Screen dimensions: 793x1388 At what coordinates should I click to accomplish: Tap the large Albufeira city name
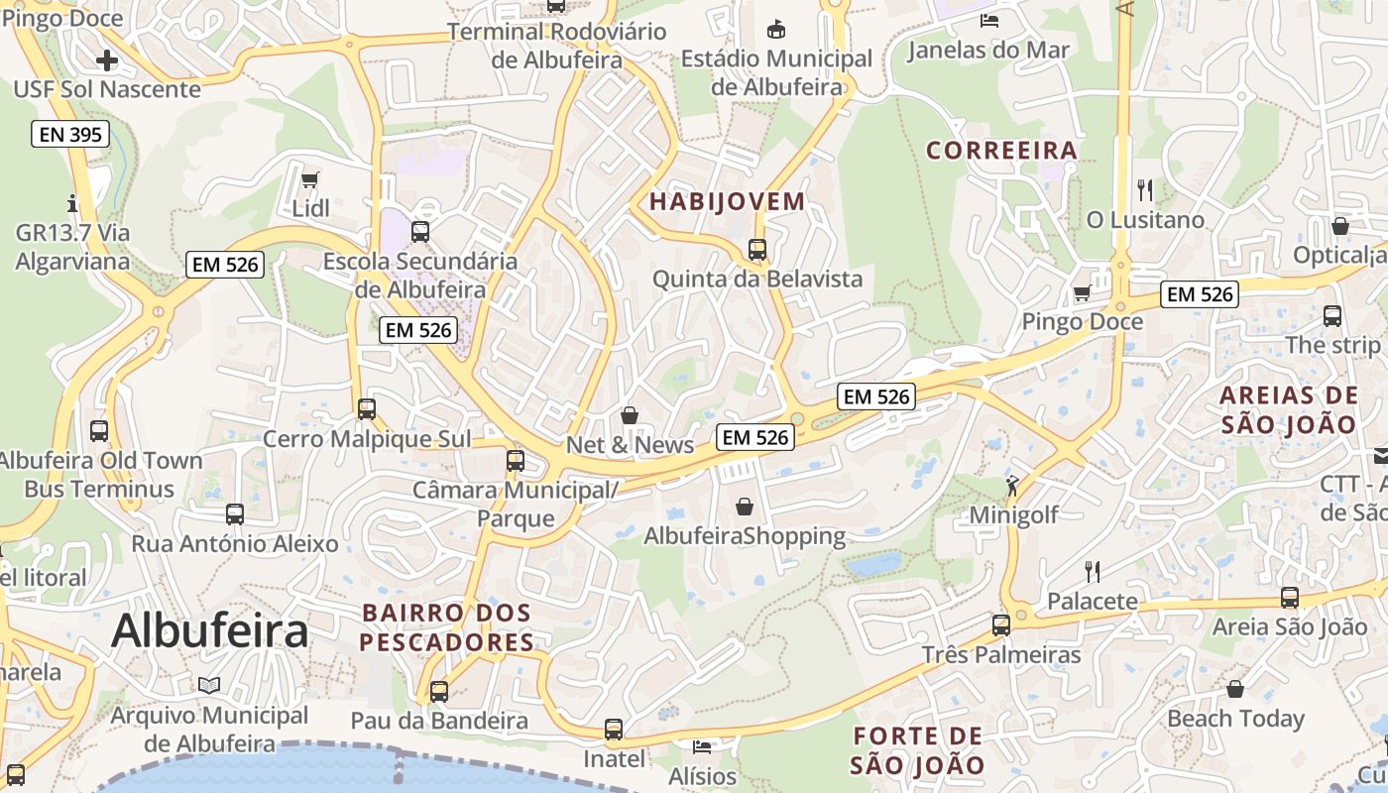point(209,631)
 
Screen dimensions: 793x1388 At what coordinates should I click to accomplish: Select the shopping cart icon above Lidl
point(310,179)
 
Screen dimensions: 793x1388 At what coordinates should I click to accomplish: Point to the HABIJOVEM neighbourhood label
point(727,202)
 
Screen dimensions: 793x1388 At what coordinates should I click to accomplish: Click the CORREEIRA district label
point(1001,151)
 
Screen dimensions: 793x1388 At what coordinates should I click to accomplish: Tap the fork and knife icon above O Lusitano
point(1145,190)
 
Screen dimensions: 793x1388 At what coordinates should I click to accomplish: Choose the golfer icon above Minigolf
point(1012,486)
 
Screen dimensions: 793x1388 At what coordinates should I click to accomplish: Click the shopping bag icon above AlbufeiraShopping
point(745,508)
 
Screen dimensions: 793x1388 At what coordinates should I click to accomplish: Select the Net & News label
point(630,445)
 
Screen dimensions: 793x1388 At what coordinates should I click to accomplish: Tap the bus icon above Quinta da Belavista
point(757,250)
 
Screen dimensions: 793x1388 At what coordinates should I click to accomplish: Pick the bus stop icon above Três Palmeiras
point(1001,625)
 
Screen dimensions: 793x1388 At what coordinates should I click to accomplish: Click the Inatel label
point(614,759)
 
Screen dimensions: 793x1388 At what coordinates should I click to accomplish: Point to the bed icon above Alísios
point(702,746)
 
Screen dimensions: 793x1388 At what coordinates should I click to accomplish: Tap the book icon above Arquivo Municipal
point(209,685)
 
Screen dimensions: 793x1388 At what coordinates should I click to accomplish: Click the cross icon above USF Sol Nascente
point(106,60)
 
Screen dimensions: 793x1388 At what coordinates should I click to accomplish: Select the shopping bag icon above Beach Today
point(1235,689)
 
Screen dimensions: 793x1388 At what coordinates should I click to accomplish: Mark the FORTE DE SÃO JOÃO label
point(917,750)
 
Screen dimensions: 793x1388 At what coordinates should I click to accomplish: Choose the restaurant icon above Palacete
point(1093,571)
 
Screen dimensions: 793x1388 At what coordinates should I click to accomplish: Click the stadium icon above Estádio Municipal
point(776,29)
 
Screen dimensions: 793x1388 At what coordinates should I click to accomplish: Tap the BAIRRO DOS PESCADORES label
point(446,627)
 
